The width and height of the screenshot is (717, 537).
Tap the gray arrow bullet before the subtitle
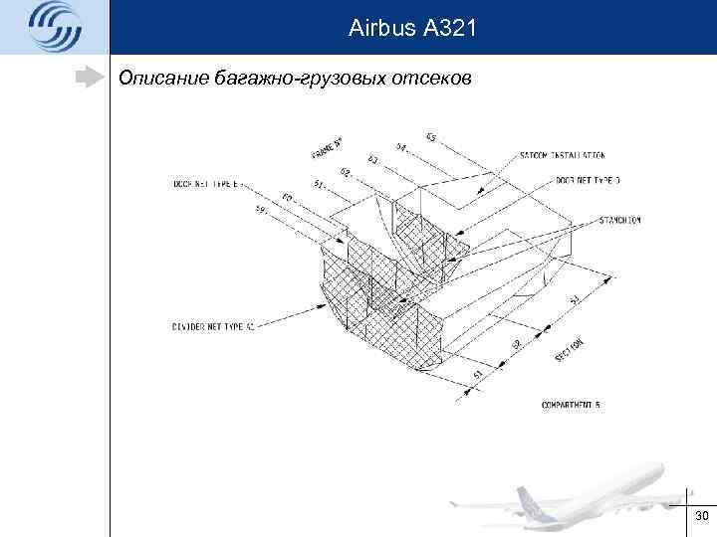coord(91,78)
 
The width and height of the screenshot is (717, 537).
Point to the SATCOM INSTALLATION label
coord(562,156)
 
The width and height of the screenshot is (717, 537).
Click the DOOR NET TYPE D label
coord(587,182)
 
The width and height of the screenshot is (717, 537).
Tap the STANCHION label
coord(619,219)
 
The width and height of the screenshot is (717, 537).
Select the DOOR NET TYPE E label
coord(208,183)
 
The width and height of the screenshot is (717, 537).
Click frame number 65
coord(430,136)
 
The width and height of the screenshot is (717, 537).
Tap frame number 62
coord(345,172)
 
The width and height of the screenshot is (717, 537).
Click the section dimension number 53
coord(575,298)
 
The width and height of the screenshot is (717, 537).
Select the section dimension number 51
coord(478,374)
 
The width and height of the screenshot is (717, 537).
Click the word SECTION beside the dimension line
coord(569,349)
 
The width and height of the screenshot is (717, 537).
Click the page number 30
coord(701,516)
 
